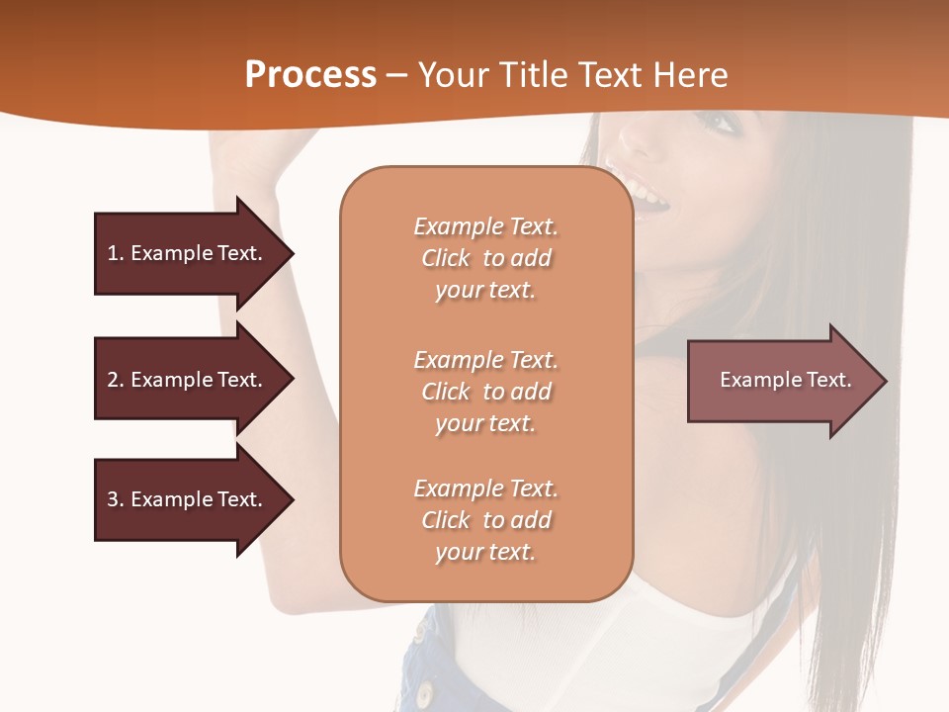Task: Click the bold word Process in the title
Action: (310, 75)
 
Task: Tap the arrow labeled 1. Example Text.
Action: (194, 253)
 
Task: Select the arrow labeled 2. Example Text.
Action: (194, 380)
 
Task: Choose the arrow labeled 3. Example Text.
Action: (194, 499)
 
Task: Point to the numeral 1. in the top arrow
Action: (115, 253)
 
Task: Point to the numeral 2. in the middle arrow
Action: (115, 380)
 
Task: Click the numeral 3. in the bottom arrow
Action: (115, 499)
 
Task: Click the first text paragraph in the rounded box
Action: (485, 258)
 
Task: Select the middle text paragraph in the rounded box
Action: (485, 392)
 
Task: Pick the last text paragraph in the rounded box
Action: (485, 520)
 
